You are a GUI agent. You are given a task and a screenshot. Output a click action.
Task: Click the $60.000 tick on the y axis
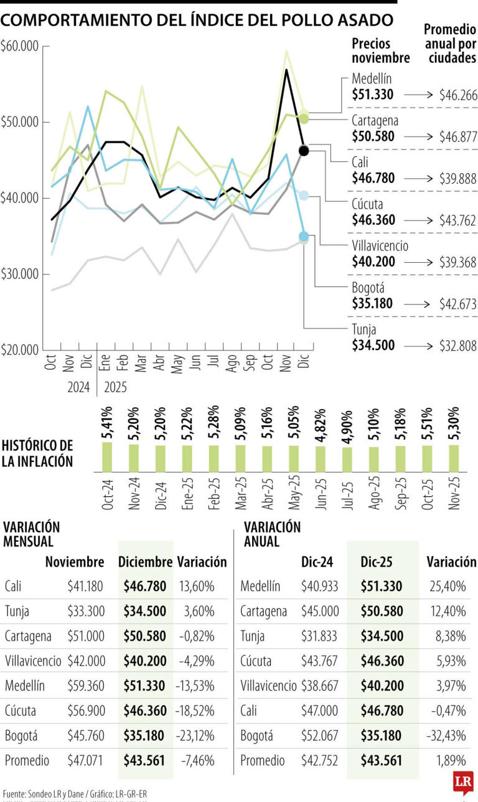coord(21,46)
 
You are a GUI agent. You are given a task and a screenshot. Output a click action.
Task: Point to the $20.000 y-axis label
coord(21,349)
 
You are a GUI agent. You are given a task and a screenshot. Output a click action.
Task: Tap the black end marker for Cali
coord(304,151)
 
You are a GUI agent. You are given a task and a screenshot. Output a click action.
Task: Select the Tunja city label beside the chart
coord(364,330)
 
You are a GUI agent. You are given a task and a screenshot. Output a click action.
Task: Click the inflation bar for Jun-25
coord(320,458)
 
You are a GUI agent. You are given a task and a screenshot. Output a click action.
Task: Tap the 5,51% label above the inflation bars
coord(428,423)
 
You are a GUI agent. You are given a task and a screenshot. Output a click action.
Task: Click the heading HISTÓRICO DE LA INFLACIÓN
coord(37,453)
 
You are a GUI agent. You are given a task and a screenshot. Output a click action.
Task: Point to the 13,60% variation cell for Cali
coord(199,586)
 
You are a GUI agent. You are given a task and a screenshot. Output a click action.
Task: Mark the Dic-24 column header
coord(317,562)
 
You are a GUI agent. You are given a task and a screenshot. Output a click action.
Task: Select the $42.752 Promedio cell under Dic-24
coord(318,760)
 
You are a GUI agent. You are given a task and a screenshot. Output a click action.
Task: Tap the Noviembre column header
coord(75,562)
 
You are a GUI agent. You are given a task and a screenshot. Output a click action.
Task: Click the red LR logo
coord(461,783)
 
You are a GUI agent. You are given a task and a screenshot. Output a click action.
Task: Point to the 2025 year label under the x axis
coord(115,387)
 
